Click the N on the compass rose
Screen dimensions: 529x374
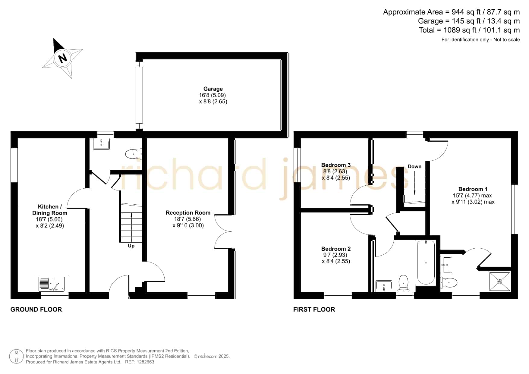[x=63, y=58]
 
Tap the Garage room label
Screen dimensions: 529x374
[x=213, y=89]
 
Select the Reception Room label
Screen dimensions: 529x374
[x=188, y=213]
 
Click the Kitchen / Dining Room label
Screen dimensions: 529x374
[x=50, y=210]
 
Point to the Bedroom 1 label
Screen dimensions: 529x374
[x=473, y=189]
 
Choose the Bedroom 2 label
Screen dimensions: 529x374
[x=336, y=249]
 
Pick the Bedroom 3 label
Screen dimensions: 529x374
[x=336, y=165]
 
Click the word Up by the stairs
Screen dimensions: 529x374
[x=131, y=246]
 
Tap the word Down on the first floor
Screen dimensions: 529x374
[x=414, y=167]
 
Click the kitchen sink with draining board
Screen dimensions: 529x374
[x=52, y=284]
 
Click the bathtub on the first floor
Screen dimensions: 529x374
[x=426, y=262]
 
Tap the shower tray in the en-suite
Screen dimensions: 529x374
[x=500, y=282]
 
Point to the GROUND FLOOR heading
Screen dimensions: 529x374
[x=36, y=310]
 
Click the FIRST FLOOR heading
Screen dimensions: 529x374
[x=314, y=310]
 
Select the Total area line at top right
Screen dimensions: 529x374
[x=469, y=30]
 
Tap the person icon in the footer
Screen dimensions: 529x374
[x=16, y=357]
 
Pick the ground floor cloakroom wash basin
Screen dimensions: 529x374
[x=101, y=144]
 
